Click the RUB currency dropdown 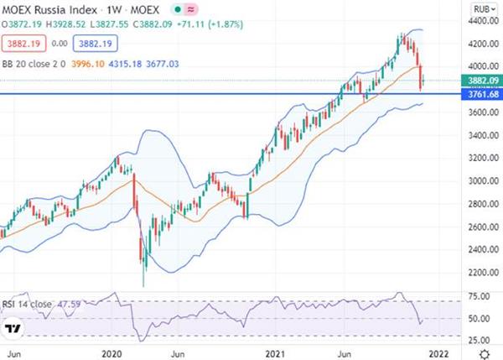pyautogui.click(x=485, y=9)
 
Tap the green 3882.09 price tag pyautogui.click(x=482, y=81)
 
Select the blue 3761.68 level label pyautogui.click(x=482, y=94)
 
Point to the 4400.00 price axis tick pyautogui.click(x=483, y=21)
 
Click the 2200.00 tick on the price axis pyautogui.click(x=483, y=273)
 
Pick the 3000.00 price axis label pyautogui.click(x=483, y=180)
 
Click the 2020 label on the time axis pyautogui.click(x=111, y=354)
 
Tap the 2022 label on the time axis pyautogui.click(x=438, y=354)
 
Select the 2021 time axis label pyautogui.click(x=275, y=354)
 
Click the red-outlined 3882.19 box pyautogui.click(x=23, y=44)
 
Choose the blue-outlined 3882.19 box pyautogui.click(x=96, y=44)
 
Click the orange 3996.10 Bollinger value pyautogui.click(x=88, y=64)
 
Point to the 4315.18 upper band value pyautogui.click(x=125, y=64)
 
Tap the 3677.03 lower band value pyautogui.click(x=163, y=64)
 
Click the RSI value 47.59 pyautogui.click(x=69, y=304)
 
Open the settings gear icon pyautogui.click(x=485, y=354)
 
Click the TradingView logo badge pyautogui.click(x=13, y=328)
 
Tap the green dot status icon pyautogui.click(x=178, y=9)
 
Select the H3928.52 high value pyautogui.click(x=65, y=24)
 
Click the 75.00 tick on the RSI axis pyautogui.click(x=480, y=296)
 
